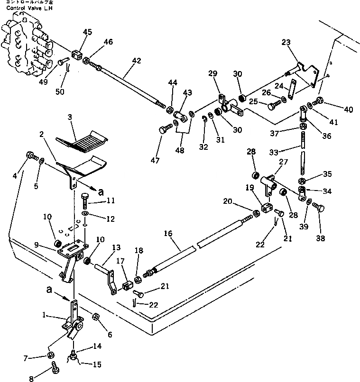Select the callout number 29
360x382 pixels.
coord(212,73)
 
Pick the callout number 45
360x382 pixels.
coord(88,32)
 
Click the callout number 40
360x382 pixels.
coord(349,109)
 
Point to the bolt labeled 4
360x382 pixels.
coord(30,155)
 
